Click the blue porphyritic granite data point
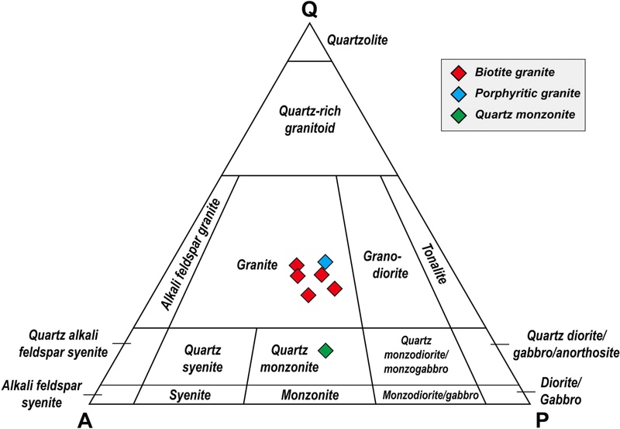325,261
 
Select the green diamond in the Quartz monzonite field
326,351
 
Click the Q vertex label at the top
309,10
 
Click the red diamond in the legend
459,73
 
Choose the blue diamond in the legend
459,94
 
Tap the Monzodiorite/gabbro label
430,396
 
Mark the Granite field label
258,265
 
